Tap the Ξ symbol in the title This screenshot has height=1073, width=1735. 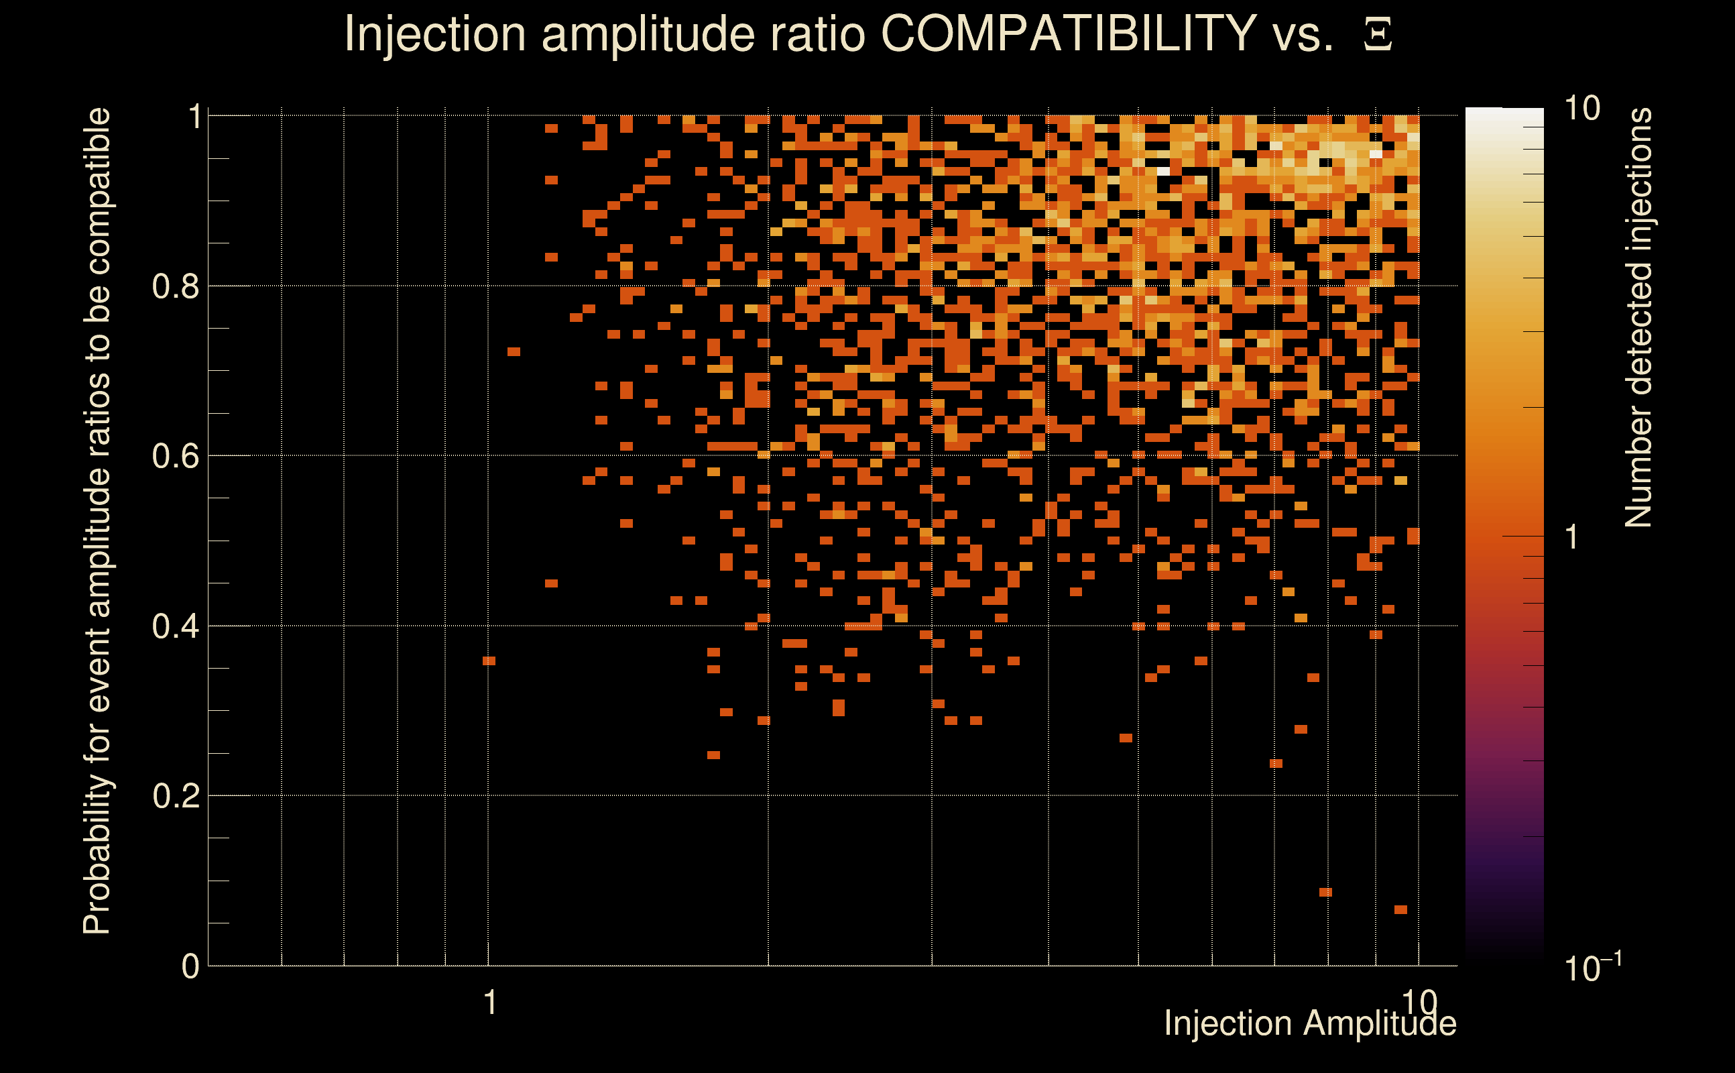tap(1378, 35)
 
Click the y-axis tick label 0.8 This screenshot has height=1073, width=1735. tap(175, 287)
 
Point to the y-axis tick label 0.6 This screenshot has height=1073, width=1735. tap(175, 456)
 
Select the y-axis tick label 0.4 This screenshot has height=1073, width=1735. tap(175, 626)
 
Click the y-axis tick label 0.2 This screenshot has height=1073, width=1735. tap(175, 796)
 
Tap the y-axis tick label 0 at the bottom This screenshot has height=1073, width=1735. tap(190, 966)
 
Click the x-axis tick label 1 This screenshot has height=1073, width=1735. tap(489, 1003)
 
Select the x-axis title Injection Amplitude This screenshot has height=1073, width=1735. tap(1310, 1023)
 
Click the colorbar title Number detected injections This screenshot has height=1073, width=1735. tap(1638, 317)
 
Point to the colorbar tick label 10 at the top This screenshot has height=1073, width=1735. tap(1581, 109)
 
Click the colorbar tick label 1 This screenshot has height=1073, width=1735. tap(1572, 537)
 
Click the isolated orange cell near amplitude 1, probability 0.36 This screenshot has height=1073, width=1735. tap(489, 661)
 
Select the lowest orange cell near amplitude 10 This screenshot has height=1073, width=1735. tap(1400, 909)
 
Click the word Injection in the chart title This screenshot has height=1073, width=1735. tap(435, 34)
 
